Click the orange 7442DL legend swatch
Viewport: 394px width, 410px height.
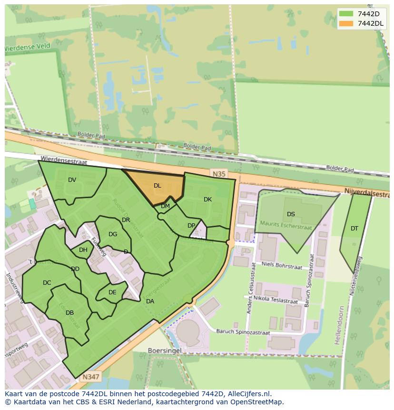[x=347, y=24]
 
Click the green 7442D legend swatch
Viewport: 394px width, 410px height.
[x=347, y=14]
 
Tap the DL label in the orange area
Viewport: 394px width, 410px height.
[x=158, y=186]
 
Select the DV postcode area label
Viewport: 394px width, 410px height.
[x=72, y=180]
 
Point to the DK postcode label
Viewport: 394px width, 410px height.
[x=207, y=200]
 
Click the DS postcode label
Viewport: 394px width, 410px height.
[x=291, y=214]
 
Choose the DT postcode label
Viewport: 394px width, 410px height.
[x=355, y=229]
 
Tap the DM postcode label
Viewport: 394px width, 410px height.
[x=165, y=206]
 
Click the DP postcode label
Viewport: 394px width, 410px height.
[x=191, y=226]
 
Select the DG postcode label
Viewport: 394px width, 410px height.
[x=113, y=234]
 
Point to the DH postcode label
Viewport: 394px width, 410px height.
[x=83, y=250]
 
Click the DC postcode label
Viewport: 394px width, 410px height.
[x=47, y=283]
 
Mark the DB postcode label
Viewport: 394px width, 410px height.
[x=69, y=313]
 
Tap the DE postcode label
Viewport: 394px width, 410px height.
[x=112, y=292]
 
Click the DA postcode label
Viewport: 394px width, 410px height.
[x=150, y=301]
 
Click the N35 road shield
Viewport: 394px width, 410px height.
[x=219, y=174]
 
